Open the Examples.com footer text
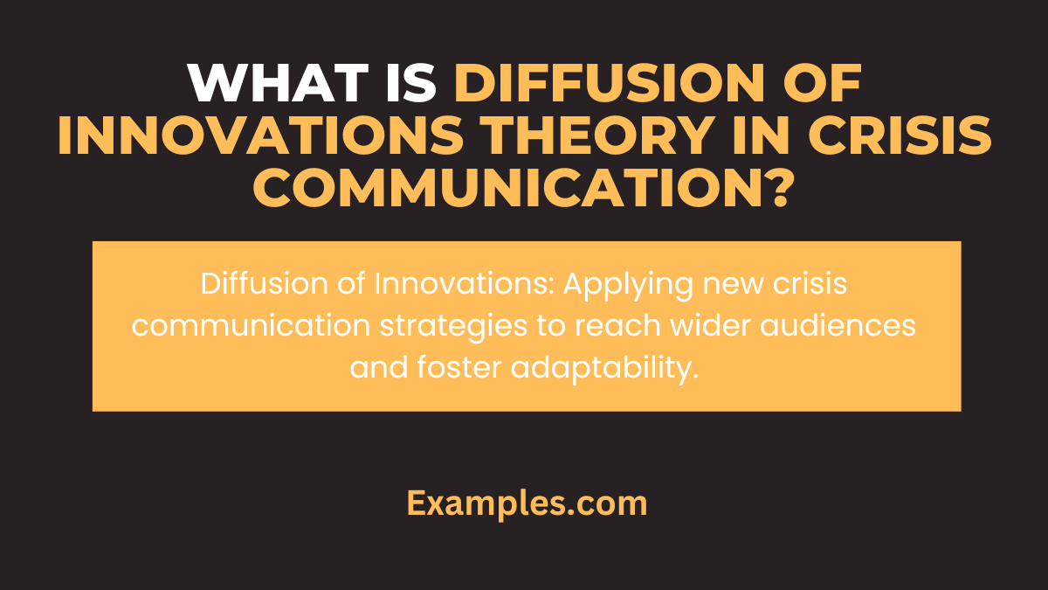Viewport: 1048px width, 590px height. (527, 503)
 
